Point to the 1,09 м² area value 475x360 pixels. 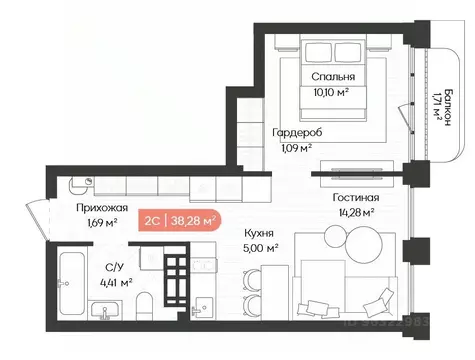[x=294, y=147]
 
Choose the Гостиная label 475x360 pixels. [x=355, y=197]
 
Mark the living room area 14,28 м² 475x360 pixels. [x=355, y=211]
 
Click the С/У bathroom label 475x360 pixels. [x=114, y=267]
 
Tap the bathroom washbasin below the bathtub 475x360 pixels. [x=102, y=313]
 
